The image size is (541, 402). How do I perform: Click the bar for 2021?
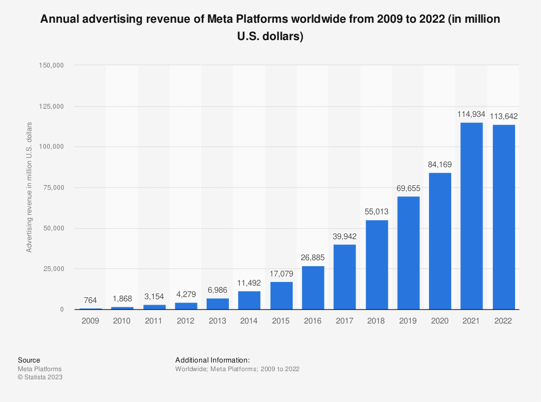(x=471, y=216)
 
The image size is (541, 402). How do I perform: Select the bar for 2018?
(x=377, y=265)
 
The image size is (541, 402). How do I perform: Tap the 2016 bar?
(x=313, y=287)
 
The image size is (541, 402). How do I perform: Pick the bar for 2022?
(x=503, y=217)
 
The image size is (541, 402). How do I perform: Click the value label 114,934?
(x=471, y=115)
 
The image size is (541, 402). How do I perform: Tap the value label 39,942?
(x=345, y=236)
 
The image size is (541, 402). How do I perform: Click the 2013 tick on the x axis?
(x=217, y=321)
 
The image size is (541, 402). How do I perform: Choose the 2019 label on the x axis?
(x=408, y=321)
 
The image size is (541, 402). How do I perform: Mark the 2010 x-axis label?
(x=122, y=321)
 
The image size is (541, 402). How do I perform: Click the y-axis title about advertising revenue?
(x=29, y=187)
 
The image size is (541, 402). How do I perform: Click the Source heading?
(x=29, y=360)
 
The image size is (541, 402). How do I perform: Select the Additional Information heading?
(x=212, y=360)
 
